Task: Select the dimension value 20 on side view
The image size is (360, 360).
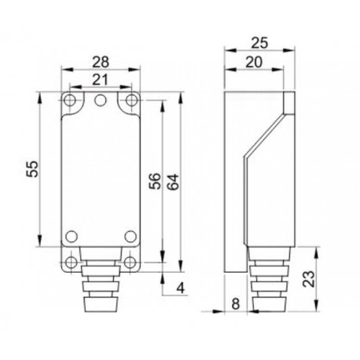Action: pos(252,61)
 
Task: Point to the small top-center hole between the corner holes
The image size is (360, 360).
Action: pos(101,100)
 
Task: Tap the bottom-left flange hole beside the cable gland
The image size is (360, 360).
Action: pos(72,262)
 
